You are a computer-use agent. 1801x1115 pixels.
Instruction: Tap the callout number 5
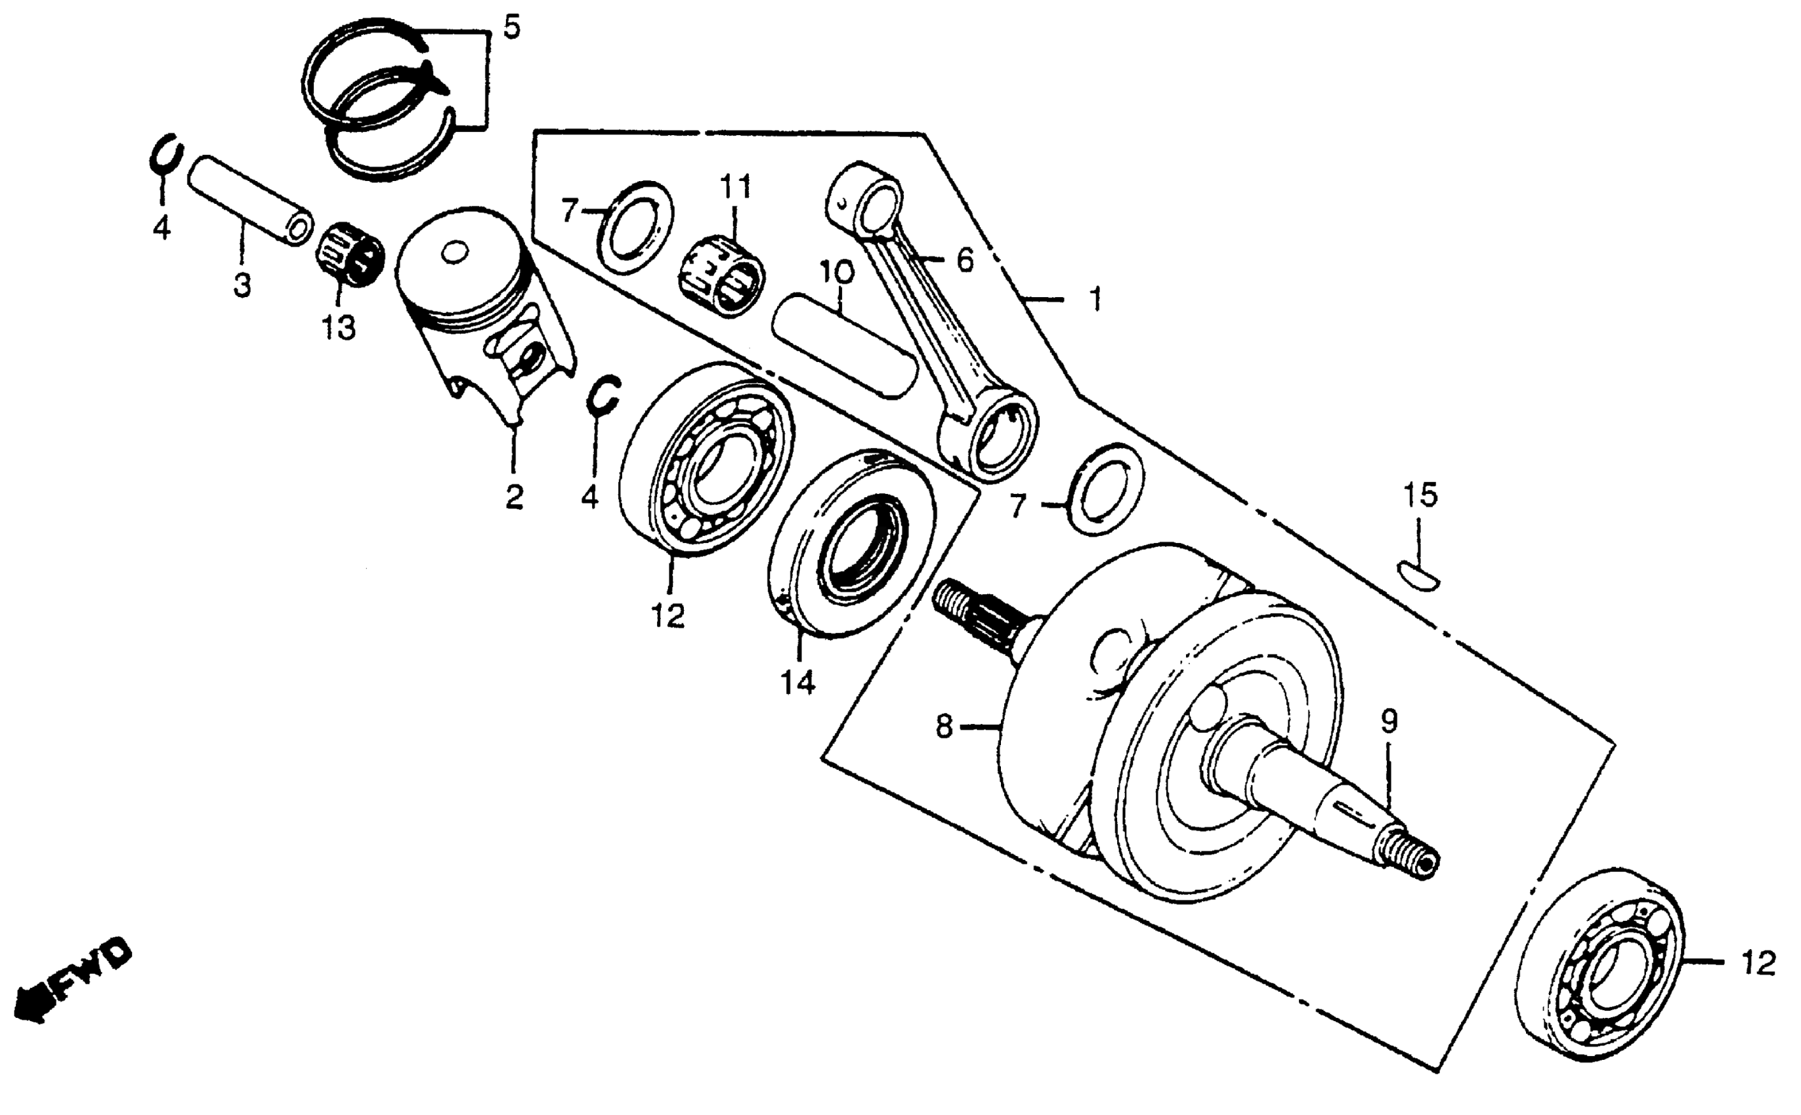[x=511, y=28]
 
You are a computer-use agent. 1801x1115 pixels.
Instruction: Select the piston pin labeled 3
[x=249, y=201]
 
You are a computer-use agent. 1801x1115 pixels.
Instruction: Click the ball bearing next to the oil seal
[x=706, y=460]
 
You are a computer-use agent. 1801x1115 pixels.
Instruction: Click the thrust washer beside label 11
[x=635, y=227]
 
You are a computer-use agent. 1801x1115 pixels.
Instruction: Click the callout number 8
[x=944, y=727]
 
